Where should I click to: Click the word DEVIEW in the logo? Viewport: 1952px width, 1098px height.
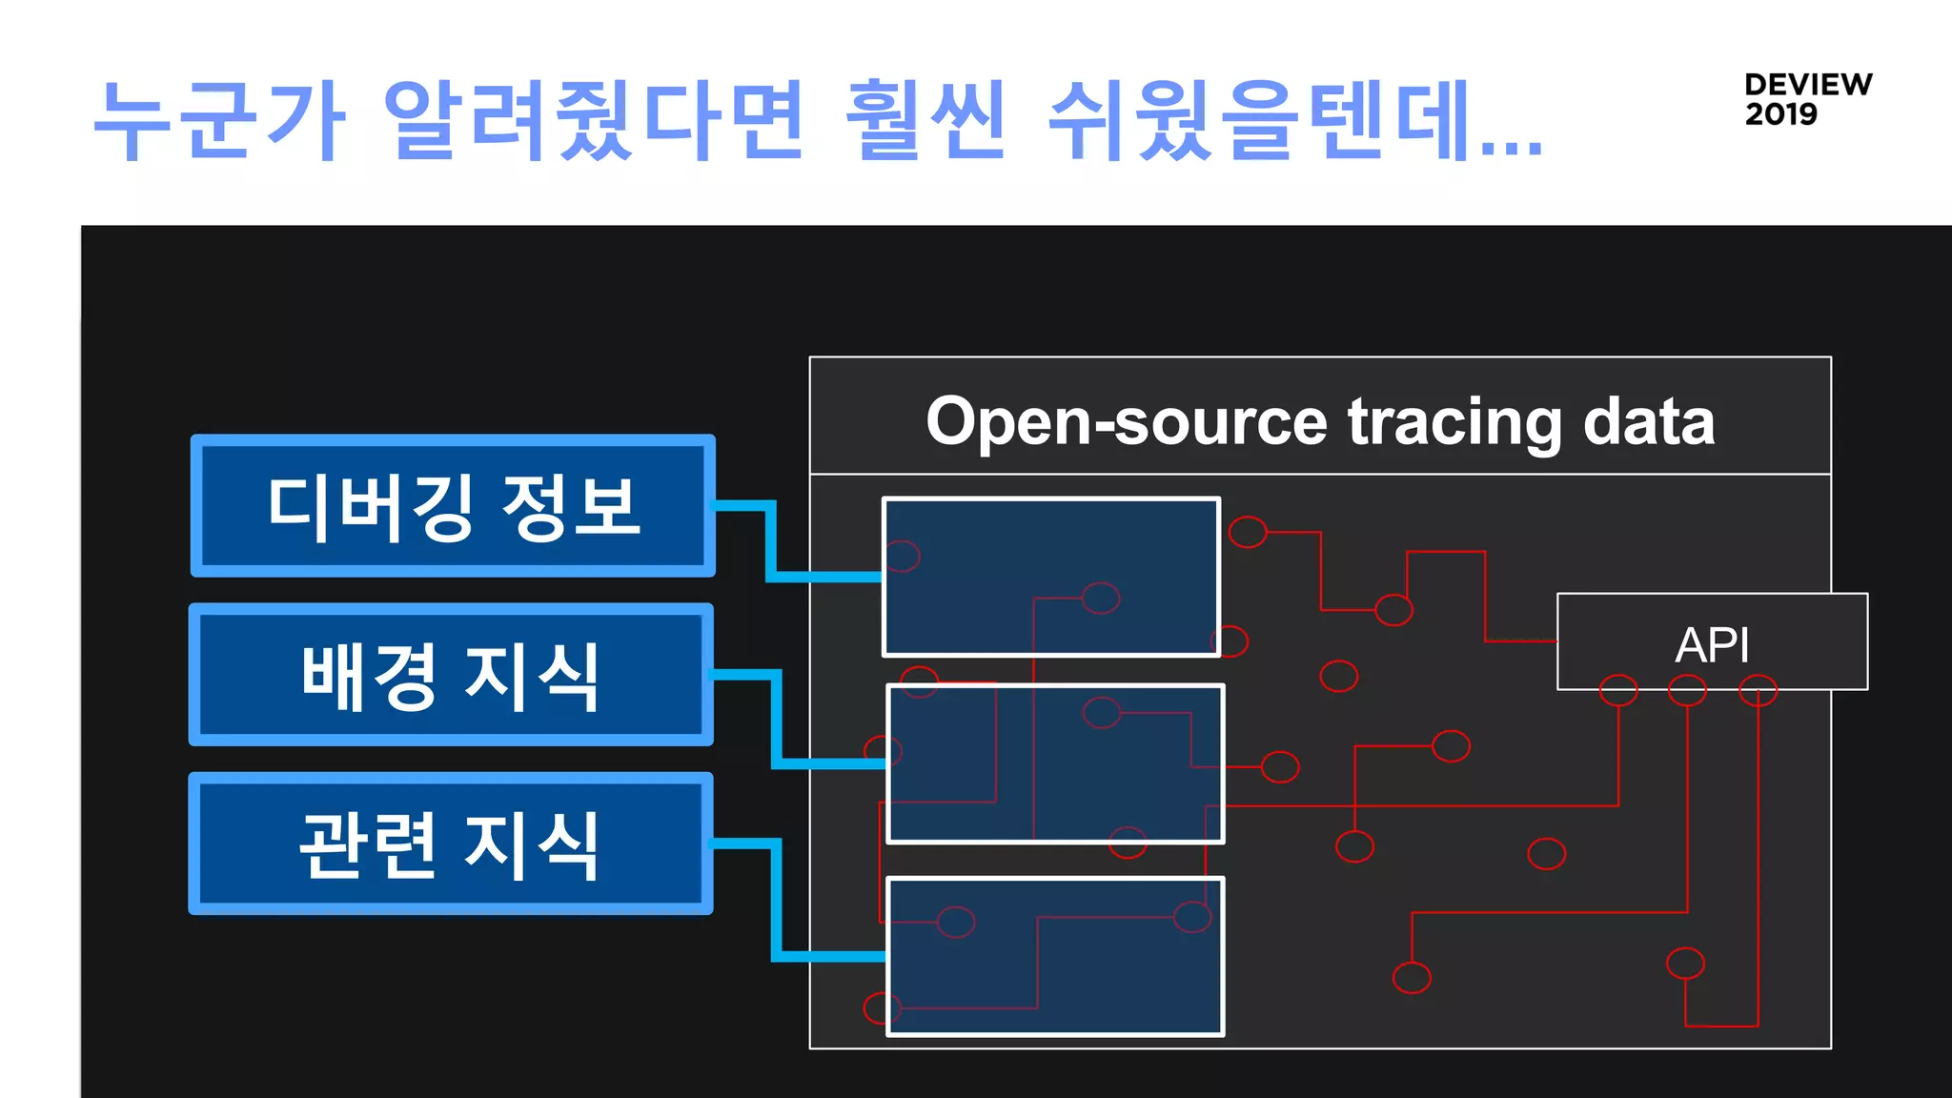click(x=1808, y=84)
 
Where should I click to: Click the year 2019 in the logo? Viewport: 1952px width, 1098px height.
click(x=1780, y=114)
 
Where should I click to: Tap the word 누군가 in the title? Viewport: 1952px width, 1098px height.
click(x=219, y=121)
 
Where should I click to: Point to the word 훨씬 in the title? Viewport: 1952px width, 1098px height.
click(x=925, y=121)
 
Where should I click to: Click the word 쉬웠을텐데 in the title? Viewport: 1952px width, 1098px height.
click(x=1258, y=121)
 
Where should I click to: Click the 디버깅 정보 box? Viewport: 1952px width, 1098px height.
click(x=453, y=506)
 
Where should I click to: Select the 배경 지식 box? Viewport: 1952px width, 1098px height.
click(x=451, y=675)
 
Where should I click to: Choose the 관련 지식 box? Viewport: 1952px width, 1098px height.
click(x=451, y=844)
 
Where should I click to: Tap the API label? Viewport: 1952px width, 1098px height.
click(x=1712, y=645)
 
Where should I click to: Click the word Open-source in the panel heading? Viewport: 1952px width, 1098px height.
click(x=1126, y=421)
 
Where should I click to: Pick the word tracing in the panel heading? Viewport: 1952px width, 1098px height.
click(x=1454, y=423)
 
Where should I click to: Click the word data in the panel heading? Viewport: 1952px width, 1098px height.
click(x=1648, y=421)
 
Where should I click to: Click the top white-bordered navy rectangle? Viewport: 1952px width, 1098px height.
click(x=1051, y=577)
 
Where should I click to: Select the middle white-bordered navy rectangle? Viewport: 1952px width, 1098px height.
click(x=1055, y=763)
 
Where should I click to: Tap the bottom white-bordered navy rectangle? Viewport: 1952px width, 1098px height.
click(x=1055, y=956)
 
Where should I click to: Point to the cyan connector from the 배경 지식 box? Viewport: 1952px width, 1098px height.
click(x=777, y=720)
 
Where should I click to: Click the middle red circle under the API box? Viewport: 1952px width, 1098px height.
click(x=1687, y=690)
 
